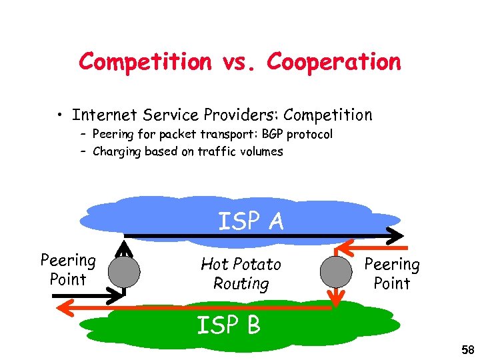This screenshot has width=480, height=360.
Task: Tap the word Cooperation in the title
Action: pos(334,62)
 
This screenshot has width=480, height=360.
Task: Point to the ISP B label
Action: pos(228,325)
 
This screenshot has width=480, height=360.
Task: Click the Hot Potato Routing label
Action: pos(241,274)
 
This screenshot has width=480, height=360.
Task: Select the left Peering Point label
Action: pos(68,269)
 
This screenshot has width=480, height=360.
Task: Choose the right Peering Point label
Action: pos(392,273)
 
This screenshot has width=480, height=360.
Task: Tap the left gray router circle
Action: pos(124,272)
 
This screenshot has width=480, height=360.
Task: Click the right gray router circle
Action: pos(335,271)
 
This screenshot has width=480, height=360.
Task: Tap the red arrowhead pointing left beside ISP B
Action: pos(62,307)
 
